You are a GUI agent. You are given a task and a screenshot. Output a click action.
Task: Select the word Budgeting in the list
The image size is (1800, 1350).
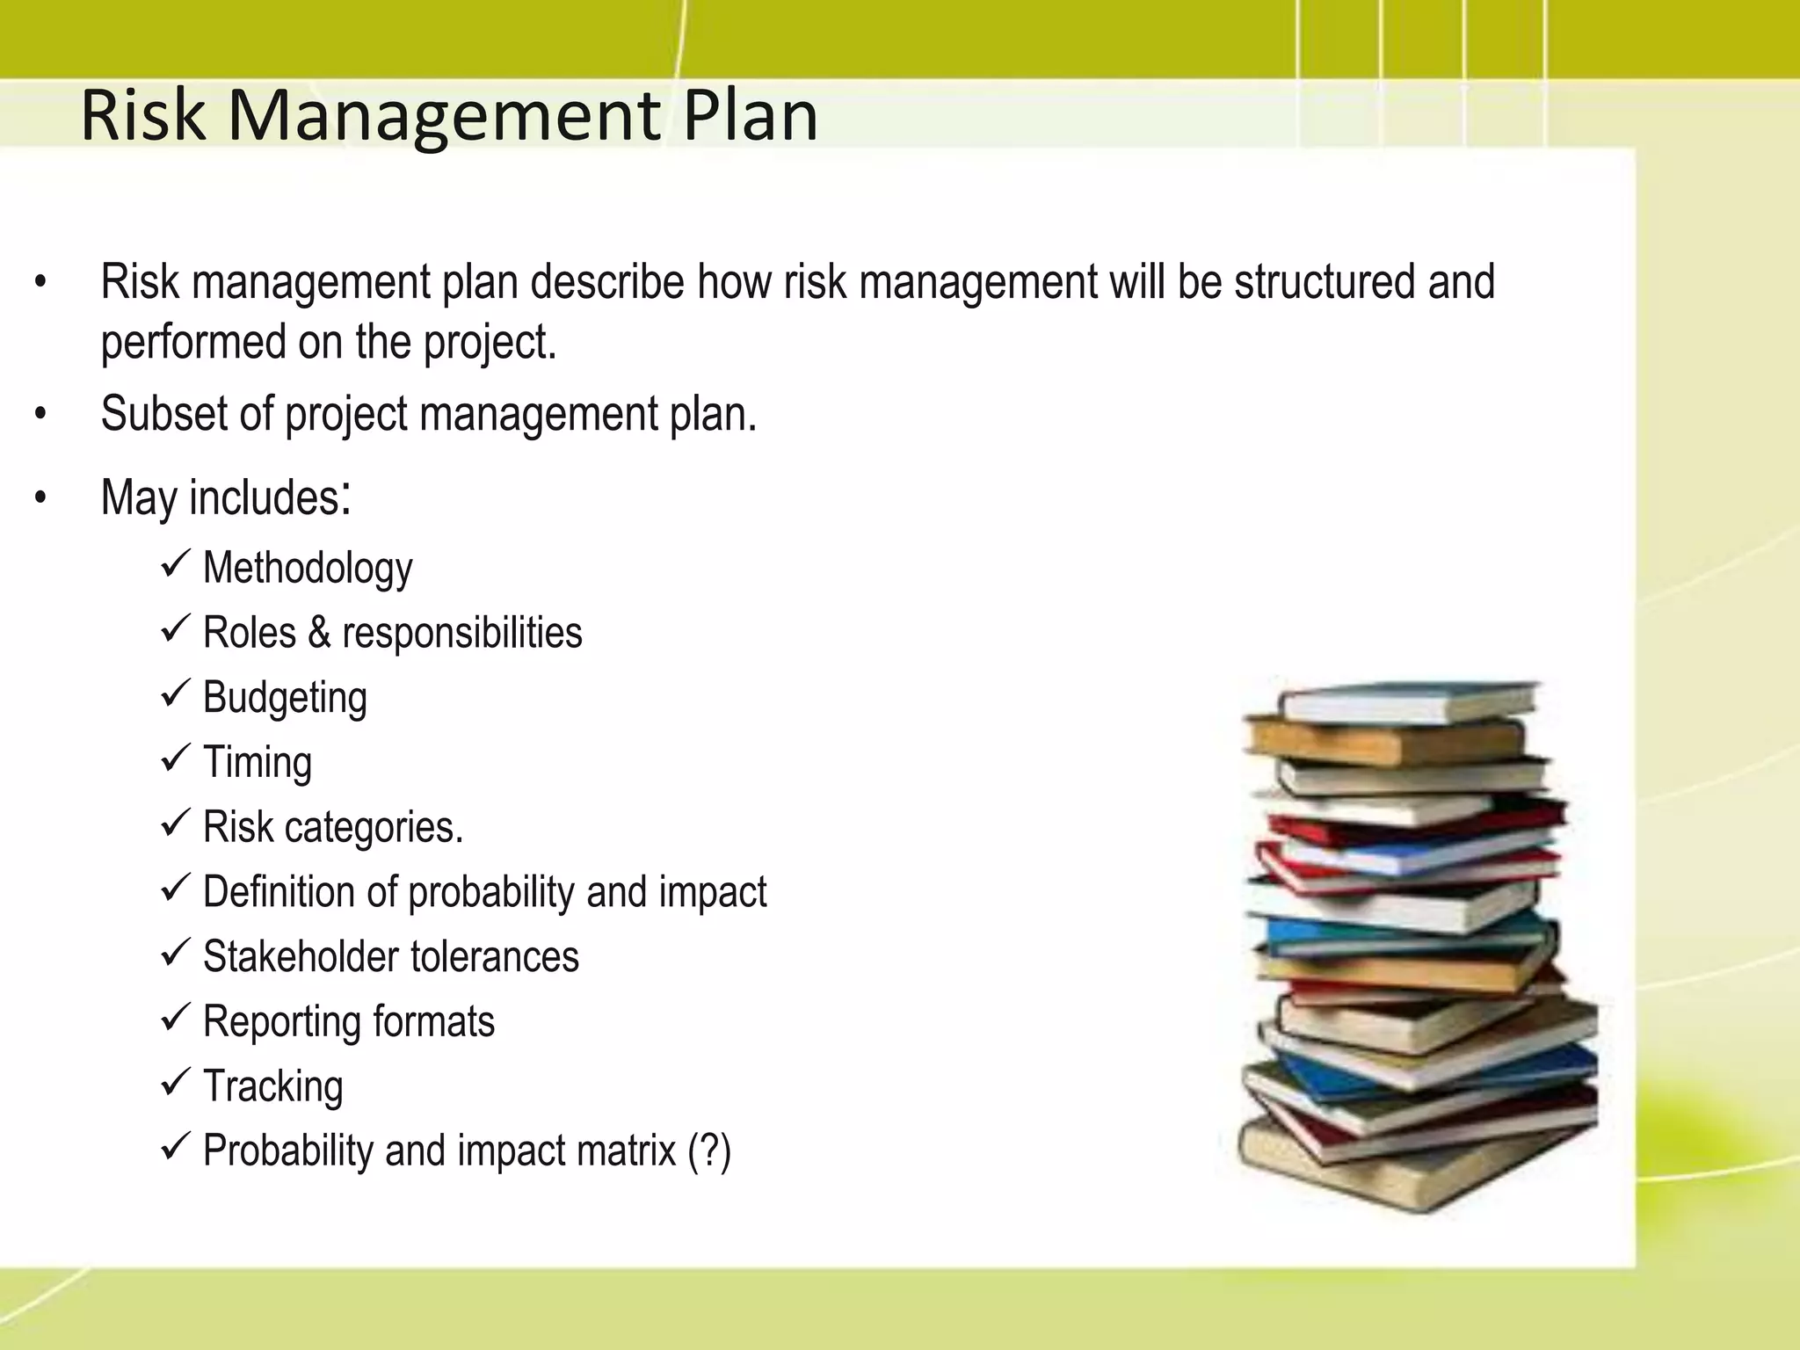coord(285,698)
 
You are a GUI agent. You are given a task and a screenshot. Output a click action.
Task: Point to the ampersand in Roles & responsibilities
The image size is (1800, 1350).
coord(319,633)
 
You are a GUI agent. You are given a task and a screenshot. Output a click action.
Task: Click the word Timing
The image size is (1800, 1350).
coord(258,762)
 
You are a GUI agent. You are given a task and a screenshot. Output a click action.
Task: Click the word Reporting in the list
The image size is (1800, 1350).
coord(281,1021)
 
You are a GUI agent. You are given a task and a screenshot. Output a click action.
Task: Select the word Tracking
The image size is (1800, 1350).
coord(272,1086)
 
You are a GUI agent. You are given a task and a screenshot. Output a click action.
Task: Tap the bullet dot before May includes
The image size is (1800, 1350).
coord(40,499)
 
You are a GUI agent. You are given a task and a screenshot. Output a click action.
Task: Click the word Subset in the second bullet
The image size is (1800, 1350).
coord(163,413)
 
